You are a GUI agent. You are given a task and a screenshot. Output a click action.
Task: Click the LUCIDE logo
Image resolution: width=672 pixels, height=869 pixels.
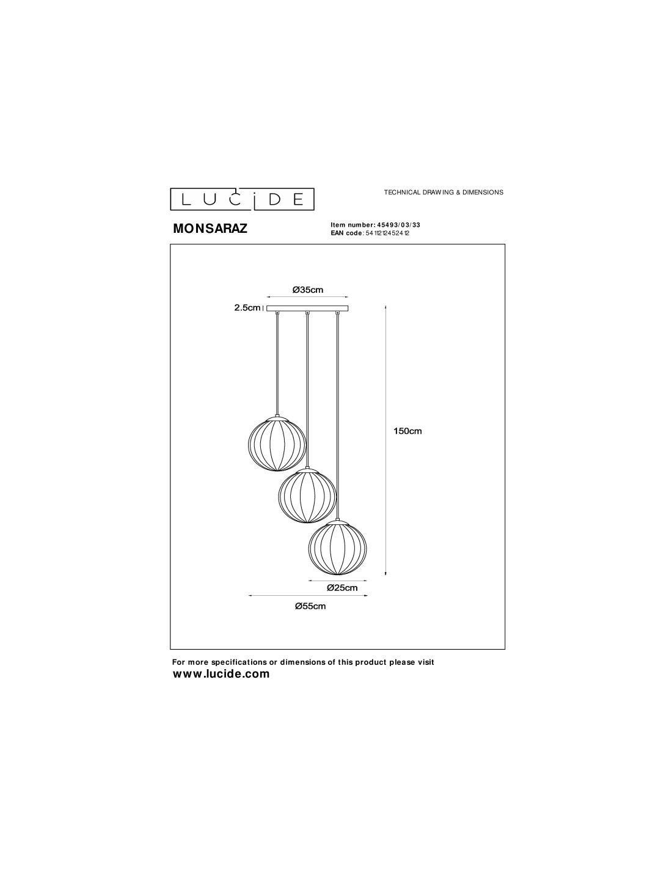pyautogui.click(x=242, y=199)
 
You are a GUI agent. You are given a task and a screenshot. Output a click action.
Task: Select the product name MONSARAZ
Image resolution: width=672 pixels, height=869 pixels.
pyautogui.click(x=210, y=229)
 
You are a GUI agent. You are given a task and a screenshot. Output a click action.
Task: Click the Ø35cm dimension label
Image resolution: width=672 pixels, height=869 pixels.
pyautogui.click(x=307, y=290)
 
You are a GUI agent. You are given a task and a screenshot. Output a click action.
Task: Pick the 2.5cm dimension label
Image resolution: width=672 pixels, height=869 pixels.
pyautogui.click(x=247, y=307)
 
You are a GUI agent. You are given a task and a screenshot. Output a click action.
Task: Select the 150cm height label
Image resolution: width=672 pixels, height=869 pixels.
pyautogui.click(x=407, y=431)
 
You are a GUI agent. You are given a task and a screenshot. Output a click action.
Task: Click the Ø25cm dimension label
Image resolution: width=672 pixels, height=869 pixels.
pyautogui.click(x=341, y=588)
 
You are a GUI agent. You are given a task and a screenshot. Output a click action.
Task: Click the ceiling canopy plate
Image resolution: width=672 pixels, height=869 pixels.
pyautogui.click(x=307, y=309)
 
